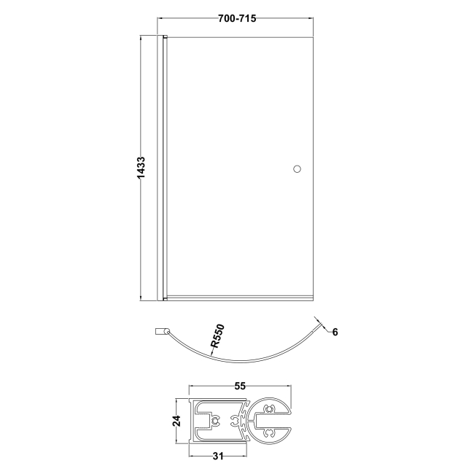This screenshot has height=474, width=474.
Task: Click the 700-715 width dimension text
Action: coord(236,18)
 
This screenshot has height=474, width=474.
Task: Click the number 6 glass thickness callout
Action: coord(334,332)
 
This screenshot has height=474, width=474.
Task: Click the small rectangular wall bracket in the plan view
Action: coord(160,332)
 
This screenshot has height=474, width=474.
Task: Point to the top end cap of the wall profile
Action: coord(165,36)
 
